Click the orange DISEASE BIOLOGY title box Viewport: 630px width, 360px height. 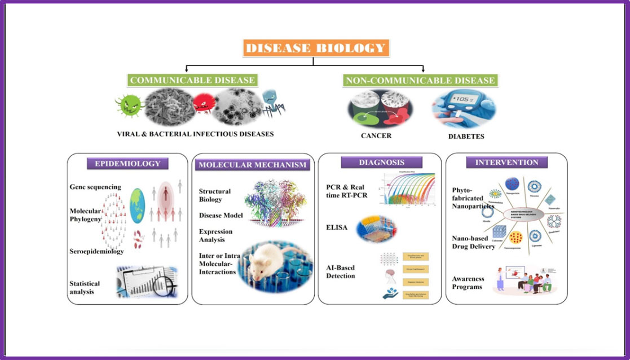click(316, 47)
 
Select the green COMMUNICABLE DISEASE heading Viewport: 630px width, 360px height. click(192, 80)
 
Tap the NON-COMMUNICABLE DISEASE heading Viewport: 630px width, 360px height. click(420, 80)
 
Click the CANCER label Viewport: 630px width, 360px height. click(377, 136)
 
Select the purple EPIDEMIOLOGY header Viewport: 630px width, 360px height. click(127, 164)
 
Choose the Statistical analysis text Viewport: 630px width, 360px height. click(85, 288)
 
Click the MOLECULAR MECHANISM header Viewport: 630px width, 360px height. click(252, 165)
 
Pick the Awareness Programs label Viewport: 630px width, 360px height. click(468, 283)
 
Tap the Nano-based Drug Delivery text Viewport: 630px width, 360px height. click(473, 242)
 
